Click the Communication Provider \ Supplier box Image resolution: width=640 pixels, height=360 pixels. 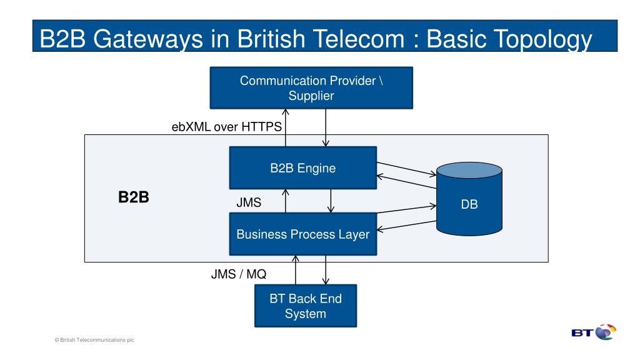[311, 87]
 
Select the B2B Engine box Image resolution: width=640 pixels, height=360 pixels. [303, 167]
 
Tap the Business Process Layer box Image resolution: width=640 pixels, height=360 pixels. [303, 234]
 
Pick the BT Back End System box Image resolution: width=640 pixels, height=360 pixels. [305, 306]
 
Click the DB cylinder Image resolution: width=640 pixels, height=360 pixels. [469, 199]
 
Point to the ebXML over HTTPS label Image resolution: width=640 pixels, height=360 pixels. [226, 127]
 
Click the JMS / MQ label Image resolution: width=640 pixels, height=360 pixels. [238, 274]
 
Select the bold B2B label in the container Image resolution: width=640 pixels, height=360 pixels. [134, 197]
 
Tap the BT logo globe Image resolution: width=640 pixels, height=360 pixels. [606, 332]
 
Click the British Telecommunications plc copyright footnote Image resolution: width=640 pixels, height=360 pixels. [94, 339]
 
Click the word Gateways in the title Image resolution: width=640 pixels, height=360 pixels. [147, 39]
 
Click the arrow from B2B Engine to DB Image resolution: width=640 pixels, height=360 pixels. [406, 169]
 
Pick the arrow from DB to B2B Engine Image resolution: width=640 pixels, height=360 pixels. [406, 182]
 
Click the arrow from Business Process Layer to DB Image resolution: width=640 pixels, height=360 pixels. [406, 209]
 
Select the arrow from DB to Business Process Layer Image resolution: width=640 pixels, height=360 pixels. [406, 226]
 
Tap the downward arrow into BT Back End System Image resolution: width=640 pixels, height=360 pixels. [326, 270]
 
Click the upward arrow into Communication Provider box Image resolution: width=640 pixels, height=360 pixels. [285, 127]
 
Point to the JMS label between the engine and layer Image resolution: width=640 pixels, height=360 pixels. [249, 202]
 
